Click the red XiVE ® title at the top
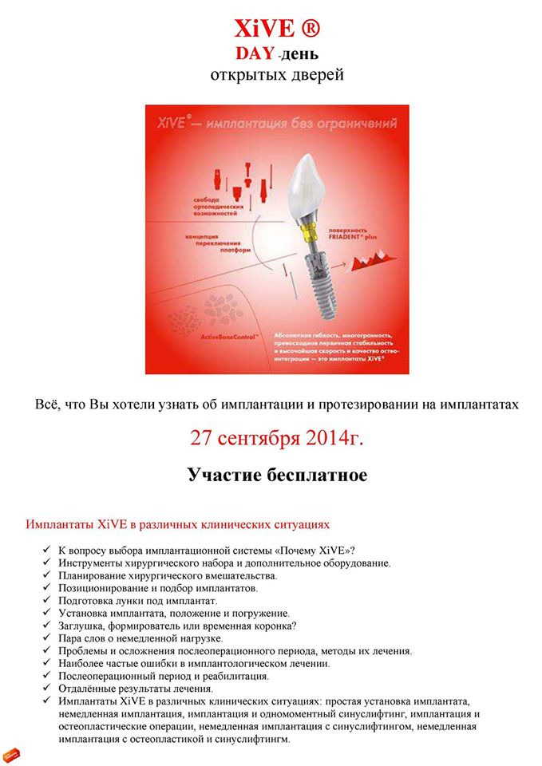pos(277,29)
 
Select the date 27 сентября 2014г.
pos(277,437)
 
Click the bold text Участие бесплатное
pos(277,476)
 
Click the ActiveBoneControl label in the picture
pos(224,338)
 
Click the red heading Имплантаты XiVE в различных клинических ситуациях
pos(177,525)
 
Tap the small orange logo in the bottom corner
pos(11,752)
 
